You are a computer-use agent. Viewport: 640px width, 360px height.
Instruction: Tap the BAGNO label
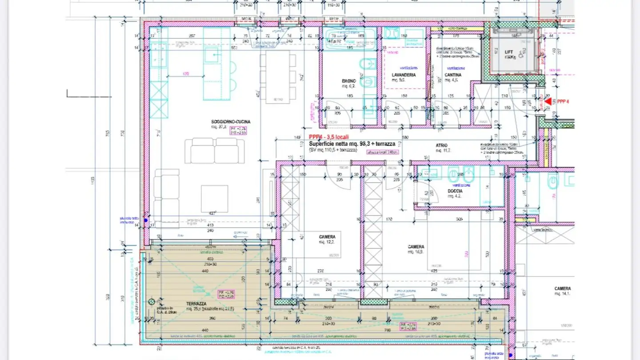[348, 81]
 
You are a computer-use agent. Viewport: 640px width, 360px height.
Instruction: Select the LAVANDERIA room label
[404, 75]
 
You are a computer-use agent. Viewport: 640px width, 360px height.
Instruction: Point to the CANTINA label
[453, 75]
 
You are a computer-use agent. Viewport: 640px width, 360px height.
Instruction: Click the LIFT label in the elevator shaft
[509, 52]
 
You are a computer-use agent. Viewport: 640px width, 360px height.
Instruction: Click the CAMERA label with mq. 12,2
[327, 237]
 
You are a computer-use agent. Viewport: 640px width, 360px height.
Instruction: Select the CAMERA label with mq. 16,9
[416, 247]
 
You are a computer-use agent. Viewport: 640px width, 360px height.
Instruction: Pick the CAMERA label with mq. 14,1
[562, 288]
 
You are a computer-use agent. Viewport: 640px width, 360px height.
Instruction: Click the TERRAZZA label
[196, 304]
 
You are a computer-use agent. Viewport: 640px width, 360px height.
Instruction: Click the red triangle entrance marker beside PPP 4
[548, 101]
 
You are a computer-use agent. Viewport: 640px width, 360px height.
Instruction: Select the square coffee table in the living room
[214, 199]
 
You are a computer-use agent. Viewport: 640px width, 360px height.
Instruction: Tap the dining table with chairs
[278, 77]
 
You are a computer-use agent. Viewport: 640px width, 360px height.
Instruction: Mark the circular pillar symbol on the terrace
[152, 302]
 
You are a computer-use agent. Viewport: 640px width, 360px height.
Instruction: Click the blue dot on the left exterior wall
[145, 218]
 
